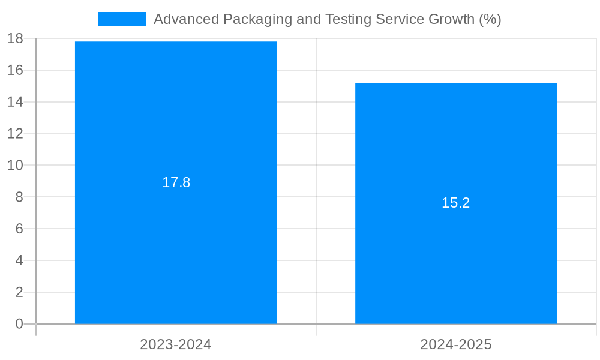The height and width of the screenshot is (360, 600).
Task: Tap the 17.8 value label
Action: [176, 182]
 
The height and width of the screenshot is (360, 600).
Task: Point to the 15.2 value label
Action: [456, 203]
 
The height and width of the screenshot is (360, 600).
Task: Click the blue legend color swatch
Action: [122, 19]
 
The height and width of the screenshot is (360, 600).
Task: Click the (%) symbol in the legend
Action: [490, 19]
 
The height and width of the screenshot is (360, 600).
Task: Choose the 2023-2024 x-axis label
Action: [176, 344]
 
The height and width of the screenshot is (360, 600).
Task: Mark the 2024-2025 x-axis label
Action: [456, 344]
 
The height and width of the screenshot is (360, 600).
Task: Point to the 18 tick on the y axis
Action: [15, 39]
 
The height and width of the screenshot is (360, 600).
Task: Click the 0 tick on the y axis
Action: [19, 324]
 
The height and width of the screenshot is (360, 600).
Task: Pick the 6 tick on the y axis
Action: [19, 229]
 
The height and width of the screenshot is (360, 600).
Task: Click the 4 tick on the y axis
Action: [19, 260]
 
